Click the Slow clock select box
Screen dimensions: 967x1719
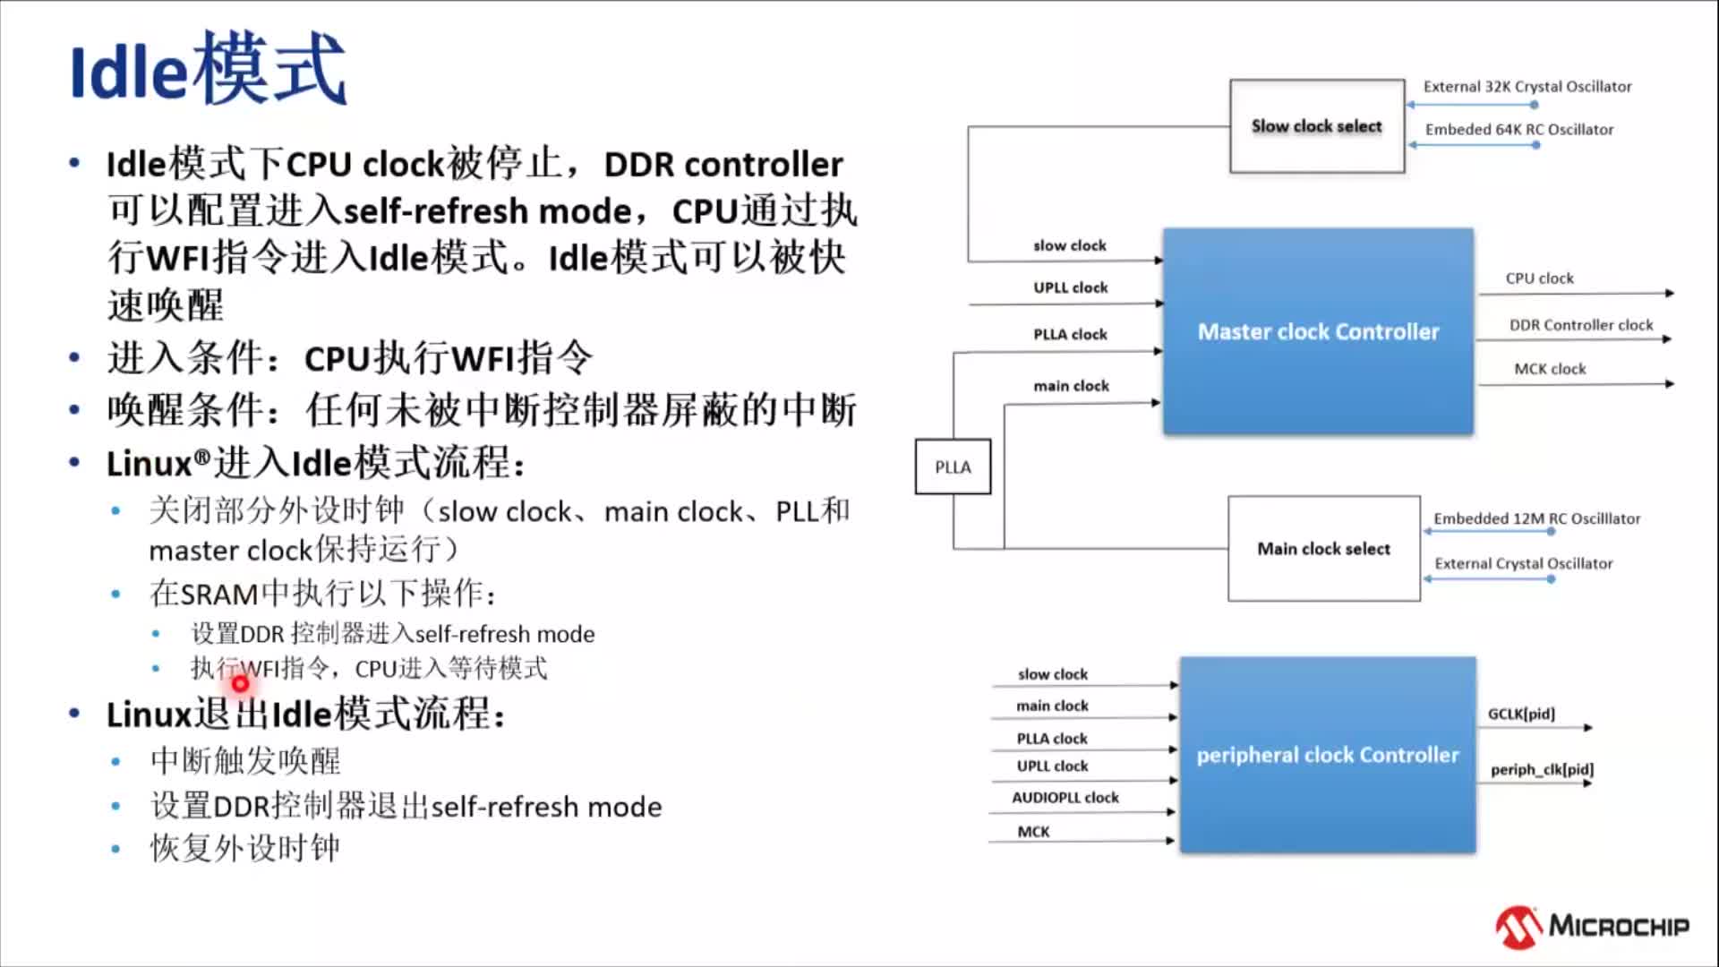pyautogui.click(x=1316, y=126)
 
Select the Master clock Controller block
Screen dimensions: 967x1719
pyautogui.click(x=1318, y=332)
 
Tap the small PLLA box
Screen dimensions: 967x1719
pyautogui.click(x=953, y=466)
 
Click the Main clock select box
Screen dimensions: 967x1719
pyautogui.click(x=1323, y=549)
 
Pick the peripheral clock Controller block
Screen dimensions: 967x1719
pyautogui.click(x=1328, y=755)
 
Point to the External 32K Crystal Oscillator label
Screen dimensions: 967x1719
pyautogui.click(x=1527, y=87)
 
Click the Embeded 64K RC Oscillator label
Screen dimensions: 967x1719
pyautogui.click(x=1519, y=130)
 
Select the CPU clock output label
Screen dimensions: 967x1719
pyautogui.click(x=1539, y=278)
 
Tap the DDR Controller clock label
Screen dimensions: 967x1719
pyautogui.click(x=1581, y=325)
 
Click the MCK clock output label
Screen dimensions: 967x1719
pyautogui.click(x=1550, y=369)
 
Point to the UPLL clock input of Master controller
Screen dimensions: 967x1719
pyautogui.click(x=1070, y=287)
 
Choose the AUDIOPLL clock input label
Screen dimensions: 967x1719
pyautogui.click(x=1065, y=798)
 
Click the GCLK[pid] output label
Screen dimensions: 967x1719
pyautogui.click(x=1521, y=714)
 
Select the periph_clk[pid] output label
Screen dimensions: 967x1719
pyautogui.click(x=1542, y=769)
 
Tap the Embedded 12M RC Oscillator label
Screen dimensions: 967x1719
pyautogui.click(x=1536, y=518)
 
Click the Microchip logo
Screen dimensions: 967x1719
pyautogui.click(x=1593, y=926)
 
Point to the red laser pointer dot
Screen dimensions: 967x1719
pyautogui.click(x=240, y=684)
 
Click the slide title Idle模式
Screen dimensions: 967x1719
pyautogui.click(x=208, y=70)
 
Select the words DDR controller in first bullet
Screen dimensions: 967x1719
pyautogui.click(x=723, y=165)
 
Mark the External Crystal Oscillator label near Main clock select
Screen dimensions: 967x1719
pyautogui.click(x=1523, y=563)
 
